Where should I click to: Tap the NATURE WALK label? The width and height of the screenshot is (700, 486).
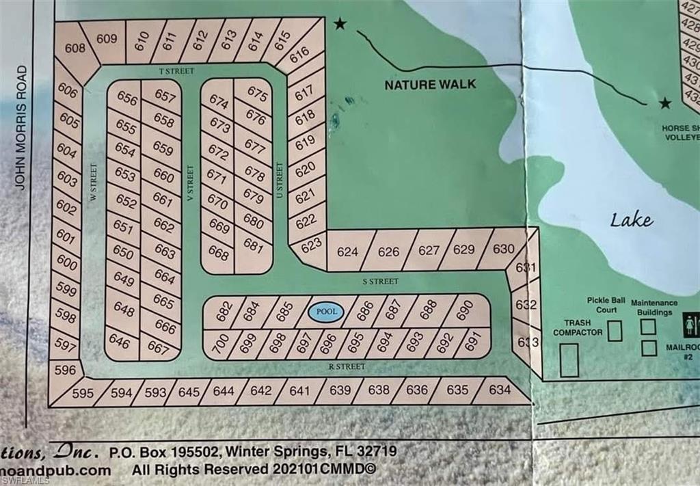pos(429,85)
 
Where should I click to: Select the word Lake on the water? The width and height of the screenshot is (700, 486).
pos(632,219)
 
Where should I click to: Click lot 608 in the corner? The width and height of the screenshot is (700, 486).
pos(75,48)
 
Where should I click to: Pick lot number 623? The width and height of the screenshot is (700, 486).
pos(311,244)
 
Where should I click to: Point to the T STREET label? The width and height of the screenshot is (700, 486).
pos(176,71)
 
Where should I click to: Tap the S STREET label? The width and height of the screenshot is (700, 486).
pos(380,281)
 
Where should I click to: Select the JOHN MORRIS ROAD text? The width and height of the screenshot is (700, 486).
pos(22,128)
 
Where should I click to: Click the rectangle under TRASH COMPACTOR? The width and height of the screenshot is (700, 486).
pos(569,360)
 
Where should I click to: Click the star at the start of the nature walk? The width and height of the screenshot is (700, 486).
pos(340,25)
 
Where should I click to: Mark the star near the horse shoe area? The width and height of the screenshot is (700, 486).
pos(664,103)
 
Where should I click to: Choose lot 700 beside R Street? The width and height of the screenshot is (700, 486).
pos(220,344)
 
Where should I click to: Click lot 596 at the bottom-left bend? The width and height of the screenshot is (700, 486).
pos(65,370)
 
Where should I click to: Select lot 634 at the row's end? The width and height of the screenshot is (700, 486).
pos(500,390)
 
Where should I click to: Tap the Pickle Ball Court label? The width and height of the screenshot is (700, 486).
pos(602,305)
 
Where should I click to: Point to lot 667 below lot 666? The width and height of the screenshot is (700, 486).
pos(158,348)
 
